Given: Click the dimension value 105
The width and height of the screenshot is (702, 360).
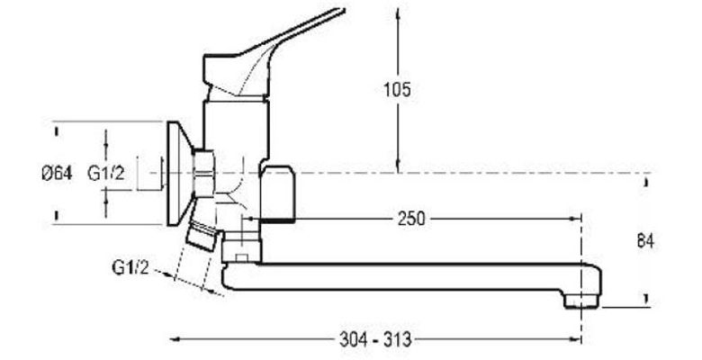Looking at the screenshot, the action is point(397,90).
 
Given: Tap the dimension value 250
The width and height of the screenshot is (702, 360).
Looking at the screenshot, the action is point(411,219).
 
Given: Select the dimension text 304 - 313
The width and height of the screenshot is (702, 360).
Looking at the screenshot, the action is point(375,339).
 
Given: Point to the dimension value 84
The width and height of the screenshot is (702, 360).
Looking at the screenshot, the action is point(645,241).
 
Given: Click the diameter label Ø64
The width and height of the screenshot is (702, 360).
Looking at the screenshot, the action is point(57,173).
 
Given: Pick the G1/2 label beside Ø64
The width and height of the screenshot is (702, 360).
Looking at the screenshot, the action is point(106,173).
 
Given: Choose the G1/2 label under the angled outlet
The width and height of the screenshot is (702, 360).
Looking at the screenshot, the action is point(130,268).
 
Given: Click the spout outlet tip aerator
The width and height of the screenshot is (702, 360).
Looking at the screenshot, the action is point(581,301).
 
